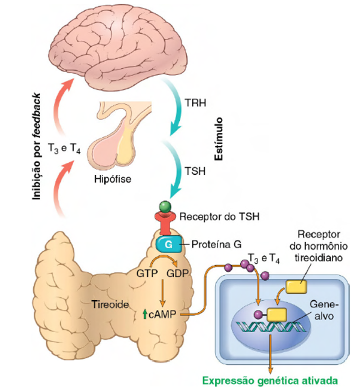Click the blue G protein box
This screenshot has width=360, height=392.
pyautogui.click(x=169, y=244)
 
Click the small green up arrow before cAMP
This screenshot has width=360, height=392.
pyautogui.click(x=145, y=314)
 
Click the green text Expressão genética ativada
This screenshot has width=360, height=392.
pyautogui.click(x=269, y=382)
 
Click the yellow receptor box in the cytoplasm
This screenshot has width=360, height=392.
pyautogui.click(x=296, y=286)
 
